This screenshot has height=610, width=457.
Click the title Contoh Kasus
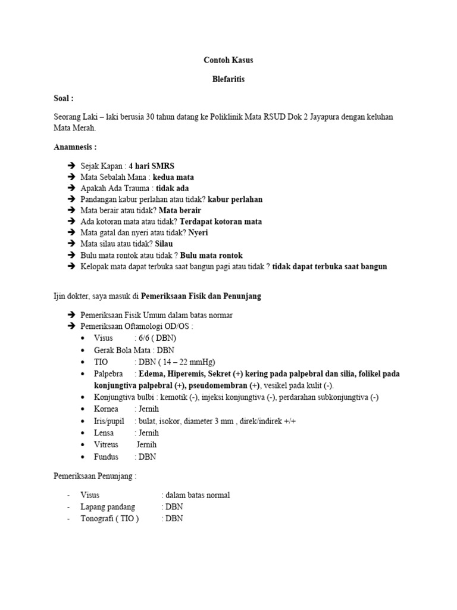(228, 61)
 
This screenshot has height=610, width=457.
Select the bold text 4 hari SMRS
(151, 166)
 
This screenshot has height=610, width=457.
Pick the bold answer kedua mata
(173, 177)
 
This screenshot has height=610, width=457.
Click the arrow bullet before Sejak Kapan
(69, 166)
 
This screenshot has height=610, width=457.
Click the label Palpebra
(108, 374)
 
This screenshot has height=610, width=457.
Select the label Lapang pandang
(108, 507)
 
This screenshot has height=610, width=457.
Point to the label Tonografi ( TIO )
(109, 518)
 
